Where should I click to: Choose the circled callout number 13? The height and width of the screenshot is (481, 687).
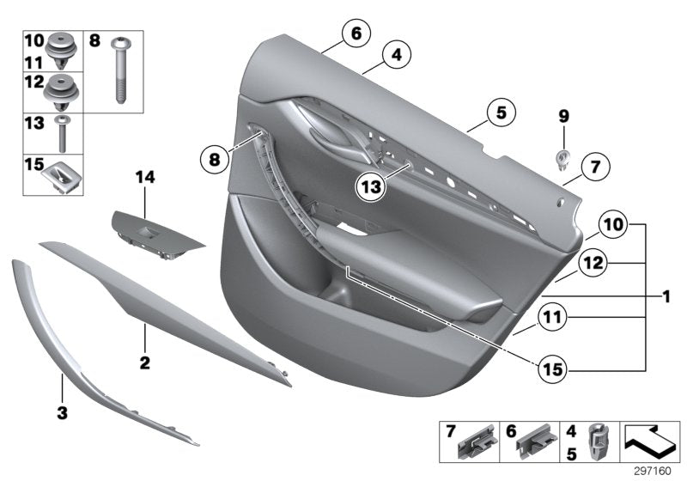click(x=373, y=184)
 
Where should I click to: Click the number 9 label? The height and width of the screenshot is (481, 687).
click(x=563, y=114)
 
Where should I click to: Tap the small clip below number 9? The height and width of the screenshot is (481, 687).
click(x=563, y=157)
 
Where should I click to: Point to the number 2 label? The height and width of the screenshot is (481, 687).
click(x=144, y=363)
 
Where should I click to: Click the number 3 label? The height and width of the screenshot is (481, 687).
click(x=61, y=414)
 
